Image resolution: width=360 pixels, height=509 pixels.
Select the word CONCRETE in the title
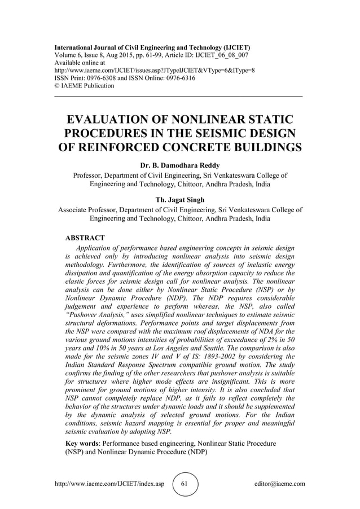point(213,148)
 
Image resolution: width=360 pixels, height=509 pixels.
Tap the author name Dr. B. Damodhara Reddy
point(180,166)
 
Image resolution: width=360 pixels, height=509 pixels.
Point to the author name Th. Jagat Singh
point(180,199)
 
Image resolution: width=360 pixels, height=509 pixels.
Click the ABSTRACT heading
point(85,238)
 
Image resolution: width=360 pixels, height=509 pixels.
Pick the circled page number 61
point(185,484)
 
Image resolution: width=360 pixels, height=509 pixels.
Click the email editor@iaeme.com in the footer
point(279,484)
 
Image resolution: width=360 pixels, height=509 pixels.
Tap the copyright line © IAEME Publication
point(84,86)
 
